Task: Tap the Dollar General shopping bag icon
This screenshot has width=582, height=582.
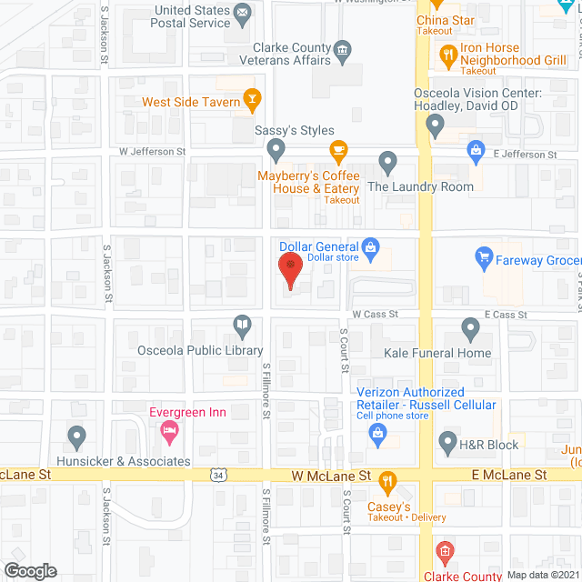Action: coord(370,246)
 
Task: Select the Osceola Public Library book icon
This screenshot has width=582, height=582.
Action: coord(242,325)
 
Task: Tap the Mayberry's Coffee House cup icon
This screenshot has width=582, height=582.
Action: coord(338,151)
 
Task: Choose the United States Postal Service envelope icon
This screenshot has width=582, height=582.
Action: coord(242,14)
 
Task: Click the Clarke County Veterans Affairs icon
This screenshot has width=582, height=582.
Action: coord(342,49)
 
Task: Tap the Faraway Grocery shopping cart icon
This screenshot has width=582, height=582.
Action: coord(484,259)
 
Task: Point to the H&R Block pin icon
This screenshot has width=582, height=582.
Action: coord(447,444)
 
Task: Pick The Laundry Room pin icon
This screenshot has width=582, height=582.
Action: coord(388,163)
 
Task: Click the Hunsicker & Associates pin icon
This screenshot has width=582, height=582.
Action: coord(78,438)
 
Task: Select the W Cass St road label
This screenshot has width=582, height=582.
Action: coord(376,314)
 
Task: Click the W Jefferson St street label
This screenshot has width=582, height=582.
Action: coord(152,152)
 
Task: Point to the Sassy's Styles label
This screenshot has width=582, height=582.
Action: coord(294,131)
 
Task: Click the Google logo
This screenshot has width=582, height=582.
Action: coord(30,570)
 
